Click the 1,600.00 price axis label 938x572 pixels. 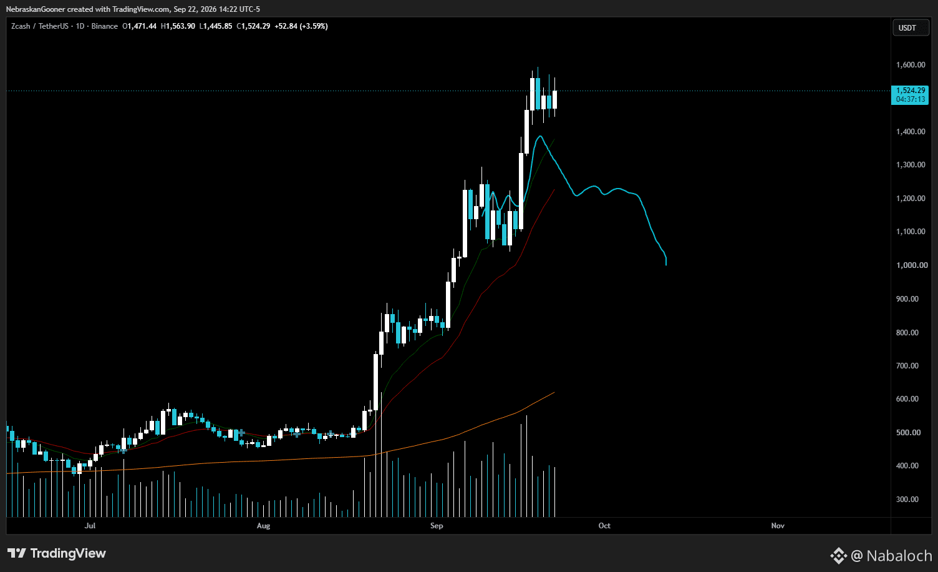pos(911,64)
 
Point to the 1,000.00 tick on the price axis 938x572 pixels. pos(911,265)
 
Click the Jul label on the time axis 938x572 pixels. pos(90,525)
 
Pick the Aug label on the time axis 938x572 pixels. pos(263,525)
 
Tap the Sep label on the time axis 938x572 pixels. pos(437,525)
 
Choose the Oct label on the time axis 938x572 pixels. pos(604,525)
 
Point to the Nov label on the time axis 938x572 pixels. pos(778,525)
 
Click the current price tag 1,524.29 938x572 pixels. pos(911,91)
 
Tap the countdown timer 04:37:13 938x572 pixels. pos(911,99)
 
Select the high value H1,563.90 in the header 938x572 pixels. pos(178,26)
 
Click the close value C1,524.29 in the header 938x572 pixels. pos(253,26)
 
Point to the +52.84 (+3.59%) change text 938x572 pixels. pos(301,26)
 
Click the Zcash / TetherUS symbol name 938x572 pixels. pos(40,26)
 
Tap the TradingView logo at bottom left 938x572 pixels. pos(57,553)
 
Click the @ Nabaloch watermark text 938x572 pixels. pos(891,556)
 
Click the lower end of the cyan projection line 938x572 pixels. pos(666,265)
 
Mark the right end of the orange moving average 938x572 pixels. pos(554,393)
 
